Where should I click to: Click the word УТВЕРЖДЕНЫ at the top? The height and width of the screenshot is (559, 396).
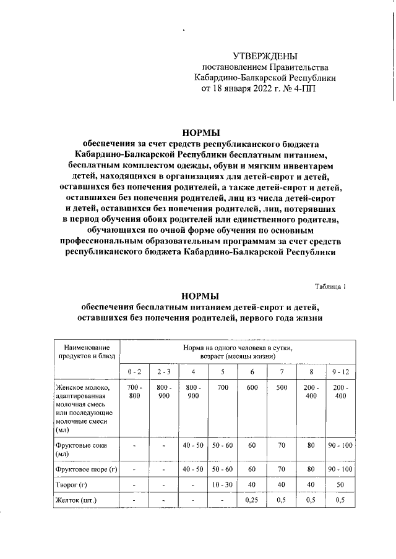(265, 57)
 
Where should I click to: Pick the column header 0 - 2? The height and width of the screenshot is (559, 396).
(134, 371)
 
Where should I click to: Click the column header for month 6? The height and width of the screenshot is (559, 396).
(252, 371)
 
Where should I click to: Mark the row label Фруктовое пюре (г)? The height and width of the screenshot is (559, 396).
(86, 471)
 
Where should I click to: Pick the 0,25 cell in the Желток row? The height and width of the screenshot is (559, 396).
(252, 500)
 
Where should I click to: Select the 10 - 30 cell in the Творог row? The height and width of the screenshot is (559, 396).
(222, 485)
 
